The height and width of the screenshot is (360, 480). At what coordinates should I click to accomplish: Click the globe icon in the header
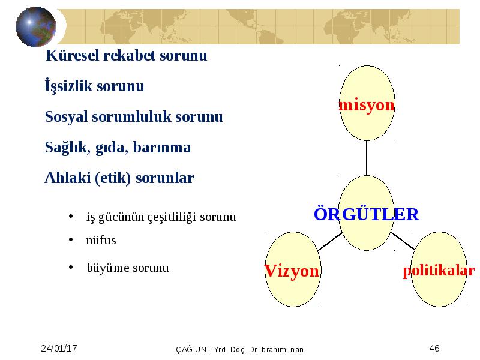(x=36, y=26)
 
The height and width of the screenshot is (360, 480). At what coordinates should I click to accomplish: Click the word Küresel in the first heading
(x=73, y=55)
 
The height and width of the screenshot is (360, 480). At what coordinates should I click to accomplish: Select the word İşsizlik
(x=68, y=85)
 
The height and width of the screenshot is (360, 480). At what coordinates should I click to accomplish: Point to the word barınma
(x=162, y=147)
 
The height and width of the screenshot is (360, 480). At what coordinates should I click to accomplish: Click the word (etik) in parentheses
(x=113, y=178)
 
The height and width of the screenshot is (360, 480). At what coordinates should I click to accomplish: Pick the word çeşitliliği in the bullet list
(x=172, y=217)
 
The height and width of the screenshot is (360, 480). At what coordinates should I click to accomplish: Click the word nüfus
(x=101, y=240)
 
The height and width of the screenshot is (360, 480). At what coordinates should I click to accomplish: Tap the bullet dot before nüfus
(x=71, y=239)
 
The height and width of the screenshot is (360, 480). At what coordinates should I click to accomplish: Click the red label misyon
(x=367, y=105)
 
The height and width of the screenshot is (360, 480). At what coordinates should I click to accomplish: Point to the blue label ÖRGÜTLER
(x=367, y=214)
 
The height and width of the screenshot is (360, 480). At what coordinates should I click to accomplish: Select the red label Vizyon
(x=292, y=271)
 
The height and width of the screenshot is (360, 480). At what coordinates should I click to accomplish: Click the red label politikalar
(x=439, y=271)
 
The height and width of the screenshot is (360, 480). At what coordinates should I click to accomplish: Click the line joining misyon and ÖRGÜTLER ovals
(x=367, y=158)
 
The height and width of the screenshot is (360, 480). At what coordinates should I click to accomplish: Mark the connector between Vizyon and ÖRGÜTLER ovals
(x=330, y=242)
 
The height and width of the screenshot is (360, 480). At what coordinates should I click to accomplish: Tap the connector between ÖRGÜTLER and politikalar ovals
(x=403, y=241)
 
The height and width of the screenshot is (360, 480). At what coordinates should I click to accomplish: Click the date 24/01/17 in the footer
(x=59, y=349)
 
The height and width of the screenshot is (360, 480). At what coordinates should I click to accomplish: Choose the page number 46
(x=434, y=349)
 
